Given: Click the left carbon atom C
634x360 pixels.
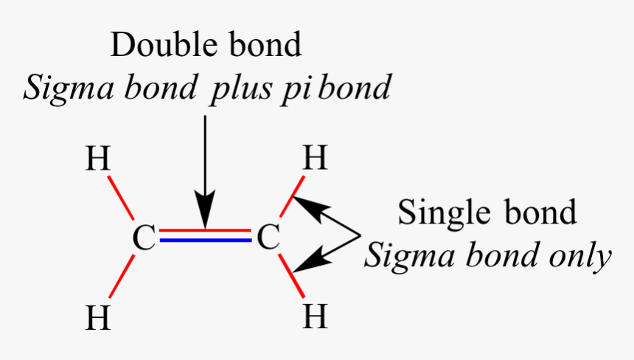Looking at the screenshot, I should [x=144, y=238].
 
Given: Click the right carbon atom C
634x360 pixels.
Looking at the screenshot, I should [x=270, y=238].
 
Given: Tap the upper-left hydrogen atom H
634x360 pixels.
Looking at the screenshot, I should [x=98, y=159].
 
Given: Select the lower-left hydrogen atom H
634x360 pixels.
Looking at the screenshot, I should [x=98, y=318].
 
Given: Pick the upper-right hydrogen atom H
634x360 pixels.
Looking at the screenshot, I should [x=315, y=159].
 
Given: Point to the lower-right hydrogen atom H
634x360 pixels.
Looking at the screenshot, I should [x=315, y=317].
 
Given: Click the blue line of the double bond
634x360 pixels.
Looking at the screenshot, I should [x=206, y=241].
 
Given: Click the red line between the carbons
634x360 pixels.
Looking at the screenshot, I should [x=206, y=232].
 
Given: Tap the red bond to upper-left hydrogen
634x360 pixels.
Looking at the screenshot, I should [x=121, y=198].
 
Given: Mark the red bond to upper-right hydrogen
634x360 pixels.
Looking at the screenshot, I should [x=292, y=198].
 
